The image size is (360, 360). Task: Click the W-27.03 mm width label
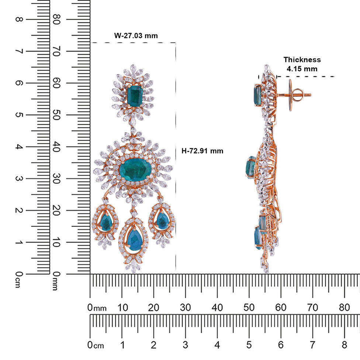[x=136, y=36]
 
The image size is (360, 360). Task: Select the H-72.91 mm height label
[x=202, y=151]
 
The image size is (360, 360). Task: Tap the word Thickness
[x=302, y=60]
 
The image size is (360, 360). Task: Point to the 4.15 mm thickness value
[x=302, y=69]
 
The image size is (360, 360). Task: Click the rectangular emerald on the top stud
[x=135, y=96]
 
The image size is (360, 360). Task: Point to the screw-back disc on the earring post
[x=290, y=95]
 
